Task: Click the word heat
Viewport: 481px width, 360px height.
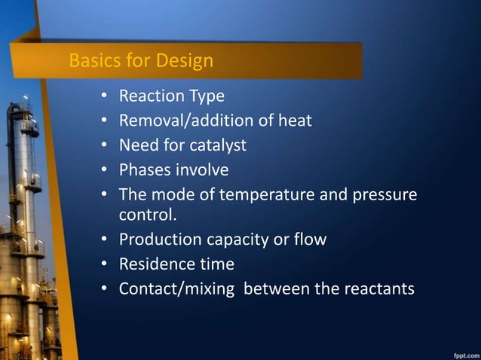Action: click(296, 121)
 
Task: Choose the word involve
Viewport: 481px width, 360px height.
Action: click(203, 169)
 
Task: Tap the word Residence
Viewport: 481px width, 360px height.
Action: click(154, 264)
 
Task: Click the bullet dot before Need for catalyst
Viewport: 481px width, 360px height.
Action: click(104, 145)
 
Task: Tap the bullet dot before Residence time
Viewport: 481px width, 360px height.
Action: click(104, 265)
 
